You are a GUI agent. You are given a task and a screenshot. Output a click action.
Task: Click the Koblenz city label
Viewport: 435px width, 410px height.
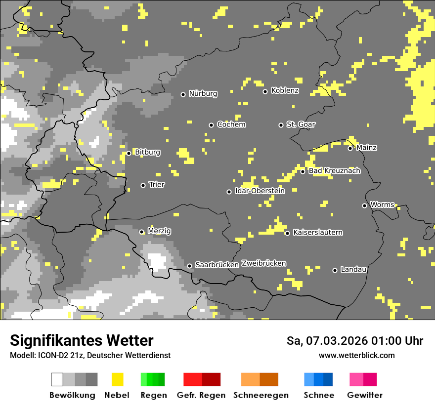pos(285,91)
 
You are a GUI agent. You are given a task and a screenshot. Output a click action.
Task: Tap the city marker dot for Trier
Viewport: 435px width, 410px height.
pos(143,185)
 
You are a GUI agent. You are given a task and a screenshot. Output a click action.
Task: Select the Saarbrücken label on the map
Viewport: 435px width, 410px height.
pos(217,265)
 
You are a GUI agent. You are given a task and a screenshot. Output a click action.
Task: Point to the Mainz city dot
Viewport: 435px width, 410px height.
pos(350,148)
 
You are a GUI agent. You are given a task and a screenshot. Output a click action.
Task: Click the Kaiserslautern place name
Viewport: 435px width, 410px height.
pos(318,233)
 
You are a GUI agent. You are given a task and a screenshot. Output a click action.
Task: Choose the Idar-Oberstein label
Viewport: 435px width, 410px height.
pos(260,191)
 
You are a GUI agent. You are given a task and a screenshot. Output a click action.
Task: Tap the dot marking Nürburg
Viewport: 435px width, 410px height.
pos(183,94)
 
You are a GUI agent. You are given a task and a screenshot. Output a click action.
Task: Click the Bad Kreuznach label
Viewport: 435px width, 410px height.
pos(335,171)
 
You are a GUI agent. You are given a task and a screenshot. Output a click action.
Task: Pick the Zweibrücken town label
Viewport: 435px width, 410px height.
pos(263,263)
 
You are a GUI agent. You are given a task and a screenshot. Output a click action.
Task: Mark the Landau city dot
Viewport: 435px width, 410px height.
pos(335,270)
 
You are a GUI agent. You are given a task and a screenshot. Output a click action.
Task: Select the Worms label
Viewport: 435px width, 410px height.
pos(382,205)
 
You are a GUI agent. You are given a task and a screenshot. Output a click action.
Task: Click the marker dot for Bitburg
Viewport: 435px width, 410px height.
pos(129,153)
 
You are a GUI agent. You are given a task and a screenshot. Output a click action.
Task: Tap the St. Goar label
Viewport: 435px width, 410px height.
pos(301,124)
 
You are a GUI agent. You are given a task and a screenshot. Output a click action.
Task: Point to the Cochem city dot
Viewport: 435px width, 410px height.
pos(211,125)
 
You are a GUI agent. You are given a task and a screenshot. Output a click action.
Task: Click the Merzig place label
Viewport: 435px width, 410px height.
pos(160,231)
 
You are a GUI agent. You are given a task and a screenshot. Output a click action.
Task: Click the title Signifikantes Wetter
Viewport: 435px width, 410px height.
pos(82,340)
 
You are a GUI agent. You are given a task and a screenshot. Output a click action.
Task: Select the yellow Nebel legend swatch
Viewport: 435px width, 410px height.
pos(117,379)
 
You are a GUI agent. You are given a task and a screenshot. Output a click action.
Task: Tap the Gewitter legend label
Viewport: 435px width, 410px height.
pos(364,395)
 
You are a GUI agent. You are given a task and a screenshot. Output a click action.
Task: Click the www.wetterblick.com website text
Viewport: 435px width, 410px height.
pos(356,355)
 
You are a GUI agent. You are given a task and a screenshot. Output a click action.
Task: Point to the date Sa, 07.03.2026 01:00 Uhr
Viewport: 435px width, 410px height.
pos(354,341)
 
